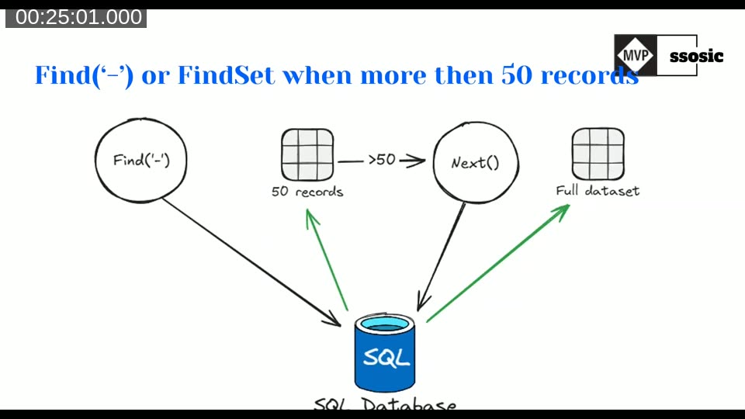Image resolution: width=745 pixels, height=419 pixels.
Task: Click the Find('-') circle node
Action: click(x=141, y=161)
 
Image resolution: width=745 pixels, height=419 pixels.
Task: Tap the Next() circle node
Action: click(x=474, y=163)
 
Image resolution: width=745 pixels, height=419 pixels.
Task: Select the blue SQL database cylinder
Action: click(x=385, y=353)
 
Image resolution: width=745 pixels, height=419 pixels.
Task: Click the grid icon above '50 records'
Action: click(x=307, y=154)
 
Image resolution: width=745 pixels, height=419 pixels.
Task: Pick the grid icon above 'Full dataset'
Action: click(x=598, y=152)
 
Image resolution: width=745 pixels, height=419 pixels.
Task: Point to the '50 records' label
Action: click(x=307, y=191)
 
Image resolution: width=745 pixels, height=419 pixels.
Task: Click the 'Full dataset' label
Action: click(x=598, y=190)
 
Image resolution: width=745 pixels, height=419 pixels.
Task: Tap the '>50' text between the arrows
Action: click(x=382, y=161)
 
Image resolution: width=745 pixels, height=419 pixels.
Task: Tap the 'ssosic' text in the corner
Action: click(x=696, y=56)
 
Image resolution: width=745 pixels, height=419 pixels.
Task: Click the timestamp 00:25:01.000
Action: click(x=78, y=17)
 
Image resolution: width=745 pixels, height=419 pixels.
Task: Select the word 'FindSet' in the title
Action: click(x=226, y=75)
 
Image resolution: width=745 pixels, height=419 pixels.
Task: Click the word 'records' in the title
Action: click(x=589, y=75)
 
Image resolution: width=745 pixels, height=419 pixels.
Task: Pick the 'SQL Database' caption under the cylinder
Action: click(x=385, y=405)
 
